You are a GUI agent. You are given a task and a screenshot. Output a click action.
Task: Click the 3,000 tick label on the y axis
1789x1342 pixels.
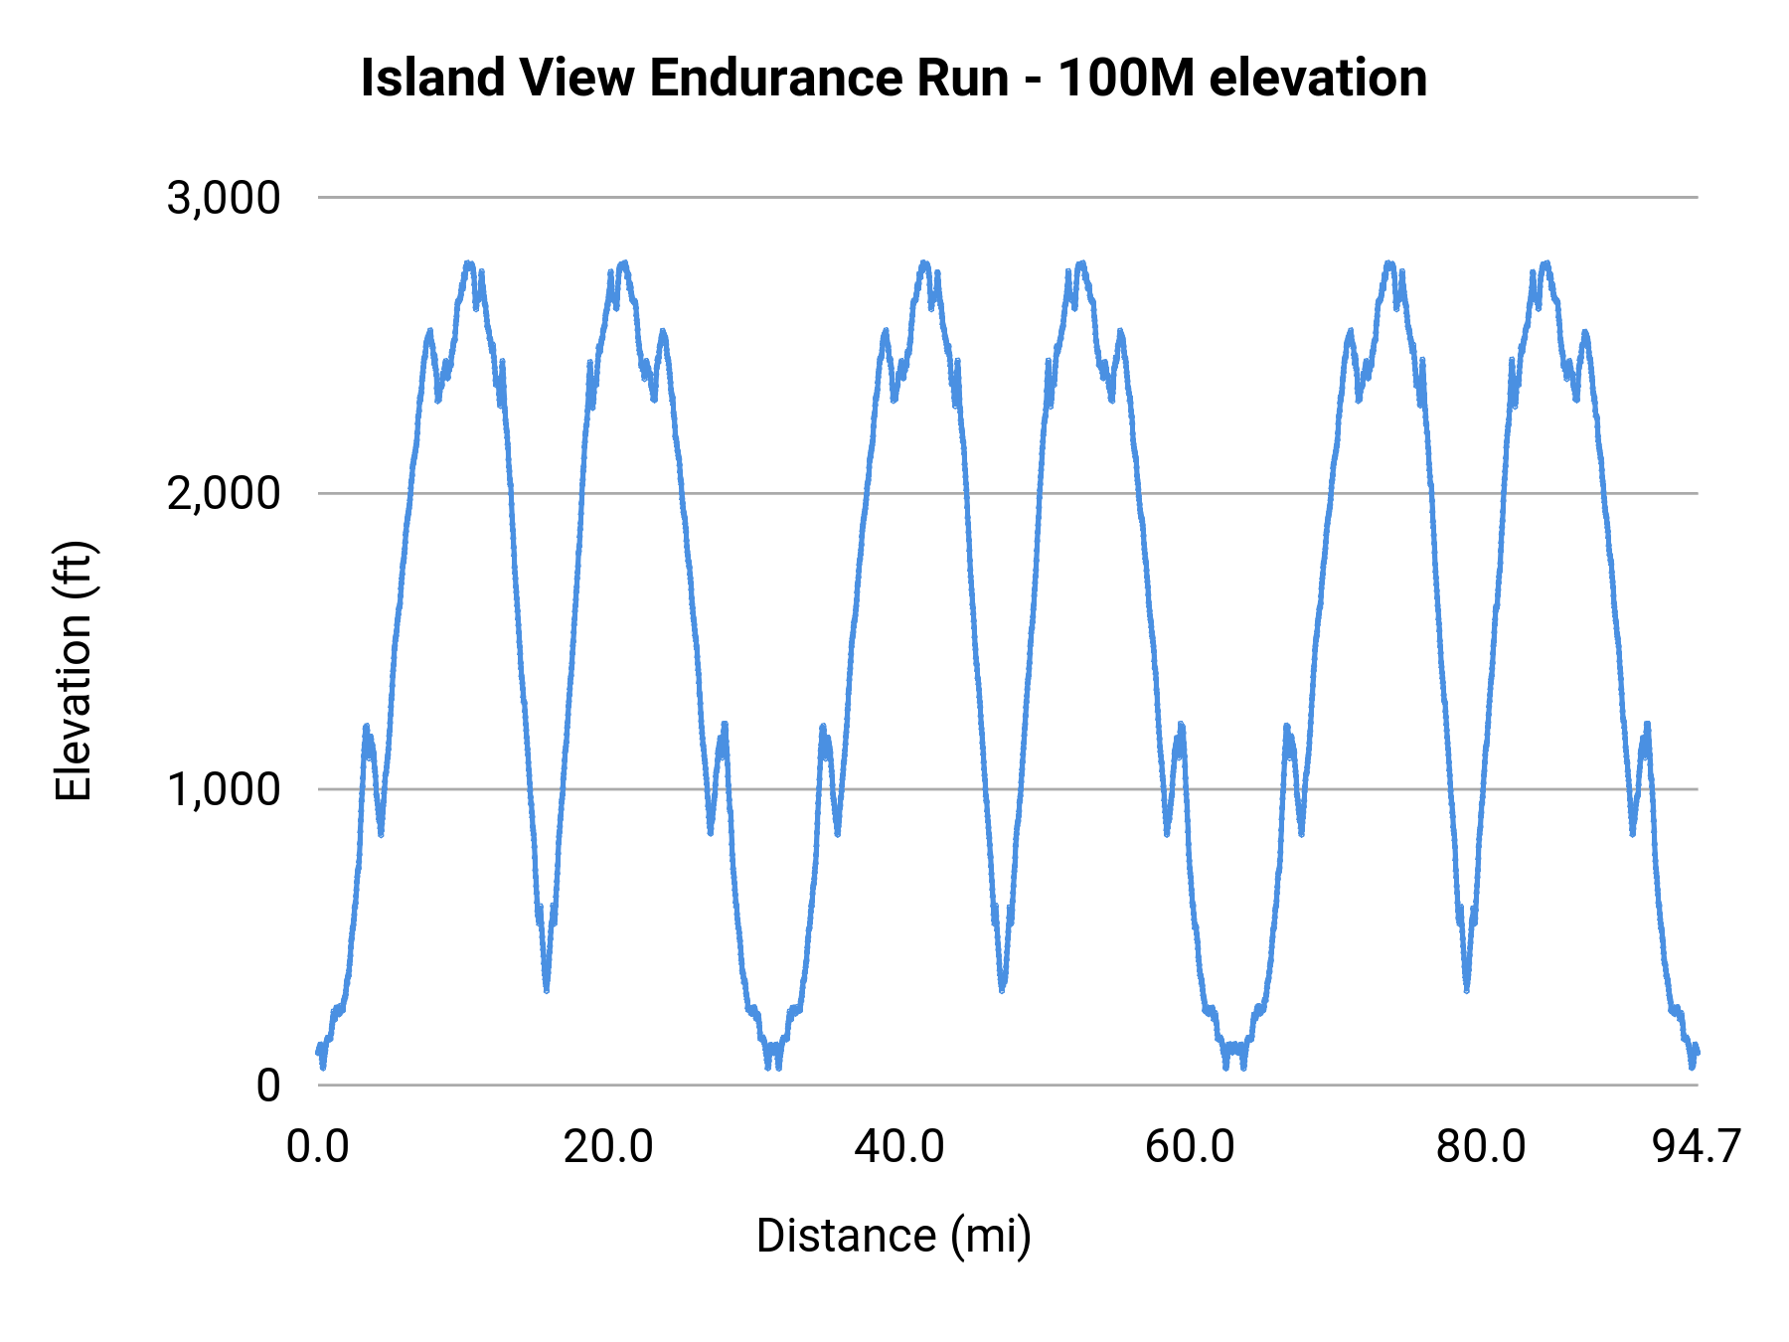224,199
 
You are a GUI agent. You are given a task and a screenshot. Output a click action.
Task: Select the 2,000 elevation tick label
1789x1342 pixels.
224,494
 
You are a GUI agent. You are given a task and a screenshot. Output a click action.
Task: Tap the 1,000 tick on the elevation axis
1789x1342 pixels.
224,790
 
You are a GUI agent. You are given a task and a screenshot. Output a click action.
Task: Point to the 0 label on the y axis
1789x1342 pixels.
267,1086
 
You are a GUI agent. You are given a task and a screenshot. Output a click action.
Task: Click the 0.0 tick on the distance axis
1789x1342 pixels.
318,1147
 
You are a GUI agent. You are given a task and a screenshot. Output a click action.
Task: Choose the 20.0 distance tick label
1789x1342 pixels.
608,1147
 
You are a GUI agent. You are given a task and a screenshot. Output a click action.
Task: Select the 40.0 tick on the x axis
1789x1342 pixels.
899,1147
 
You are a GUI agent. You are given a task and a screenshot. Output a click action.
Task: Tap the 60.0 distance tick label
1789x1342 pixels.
1190,1147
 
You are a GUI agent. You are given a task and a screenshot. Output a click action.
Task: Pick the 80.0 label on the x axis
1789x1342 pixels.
1481,1147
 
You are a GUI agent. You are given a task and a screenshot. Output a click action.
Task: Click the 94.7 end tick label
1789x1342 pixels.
1697,1147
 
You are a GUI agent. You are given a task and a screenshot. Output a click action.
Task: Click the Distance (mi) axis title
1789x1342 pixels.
894,1237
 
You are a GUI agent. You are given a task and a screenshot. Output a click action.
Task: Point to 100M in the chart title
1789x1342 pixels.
1124,78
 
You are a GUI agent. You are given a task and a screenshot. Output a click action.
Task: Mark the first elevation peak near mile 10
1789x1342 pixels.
469,263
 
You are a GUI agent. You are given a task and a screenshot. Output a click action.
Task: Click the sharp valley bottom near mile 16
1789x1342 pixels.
547,990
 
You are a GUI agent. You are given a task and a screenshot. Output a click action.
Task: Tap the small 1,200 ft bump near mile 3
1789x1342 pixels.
367,727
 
